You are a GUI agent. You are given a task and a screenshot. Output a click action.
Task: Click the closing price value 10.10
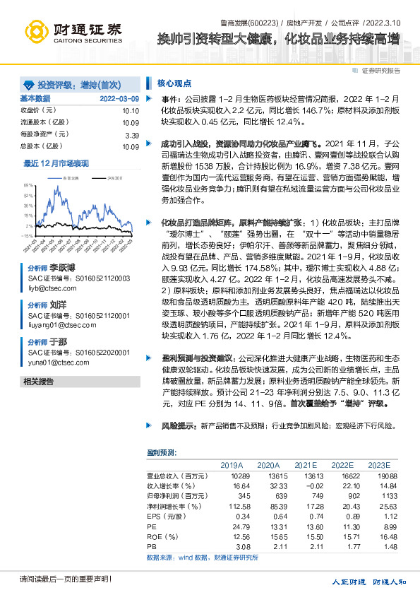pyautogui.click(x=130, y=110)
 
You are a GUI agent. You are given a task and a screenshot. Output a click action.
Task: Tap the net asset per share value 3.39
pyautogui.click(x=132, y=134)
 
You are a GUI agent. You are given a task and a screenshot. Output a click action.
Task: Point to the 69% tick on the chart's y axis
pyautogui.click(x=28, y=186)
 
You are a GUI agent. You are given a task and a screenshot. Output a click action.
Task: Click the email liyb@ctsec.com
pyautogui.click(x=49, y=288)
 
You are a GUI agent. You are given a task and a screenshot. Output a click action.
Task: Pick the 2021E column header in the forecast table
pyautogui.click(x=306, y=465)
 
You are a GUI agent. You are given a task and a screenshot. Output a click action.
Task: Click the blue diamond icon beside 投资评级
pyautogui.click(x=28, y=83)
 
